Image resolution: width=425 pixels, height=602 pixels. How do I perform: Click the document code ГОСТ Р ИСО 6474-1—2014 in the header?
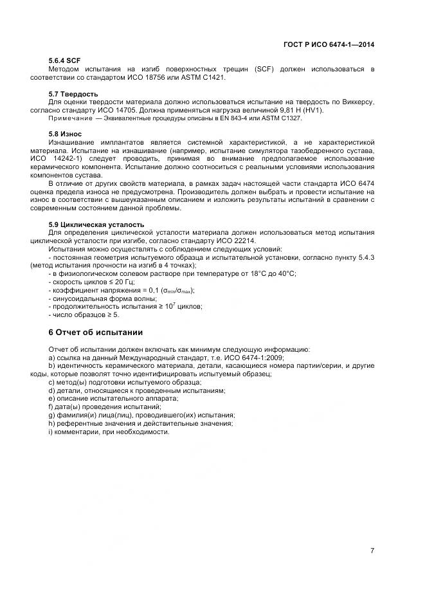tap(329, 44)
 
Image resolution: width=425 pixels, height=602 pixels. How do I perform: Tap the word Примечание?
tap(68, 118)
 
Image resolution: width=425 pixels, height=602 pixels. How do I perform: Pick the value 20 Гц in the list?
tap(112, 282)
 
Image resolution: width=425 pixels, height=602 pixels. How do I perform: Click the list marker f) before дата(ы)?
tap(51, 407)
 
